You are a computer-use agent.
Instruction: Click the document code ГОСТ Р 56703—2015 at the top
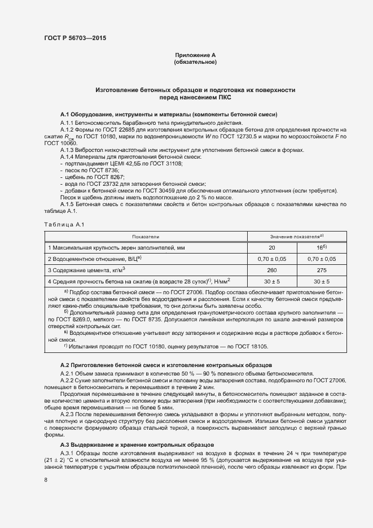click(x=74, y=38)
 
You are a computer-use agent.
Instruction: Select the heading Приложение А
click(x=195, y=55)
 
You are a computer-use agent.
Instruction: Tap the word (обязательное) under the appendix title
click(x=195, y=62)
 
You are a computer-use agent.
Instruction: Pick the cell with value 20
click(x=272, y=248)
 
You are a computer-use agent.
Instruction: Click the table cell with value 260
click(x=272, y=269)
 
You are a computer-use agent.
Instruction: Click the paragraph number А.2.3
click(x=68, y=414)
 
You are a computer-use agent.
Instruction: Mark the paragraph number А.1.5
click(x=68, y=204)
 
